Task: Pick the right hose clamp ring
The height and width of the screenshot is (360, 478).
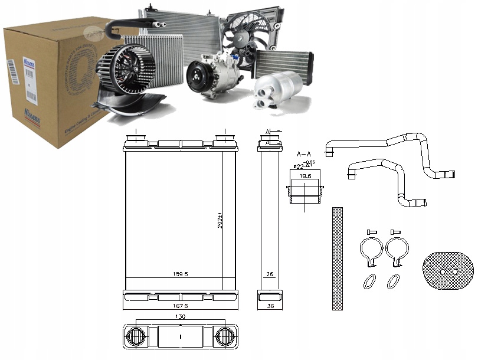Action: pyautogui.click(x=397, y=250)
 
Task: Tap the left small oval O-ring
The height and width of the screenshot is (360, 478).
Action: pyautogui.click(x=369, y=281)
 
